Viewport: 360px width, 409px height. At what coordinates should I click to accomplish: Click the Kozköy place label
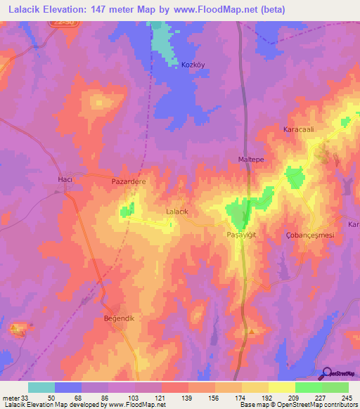point(192,65)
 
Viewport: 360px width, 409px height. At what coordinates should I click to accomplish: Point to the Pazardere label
point(129,181)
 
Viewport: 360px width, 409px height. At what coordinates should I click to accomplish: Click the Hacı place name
point(65,180)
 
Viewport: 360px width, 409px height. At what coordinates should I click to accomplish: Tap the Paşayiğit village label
point(243,234)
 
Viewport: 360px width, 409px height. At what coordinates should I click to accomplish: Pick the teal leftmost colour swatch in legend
point(41,387)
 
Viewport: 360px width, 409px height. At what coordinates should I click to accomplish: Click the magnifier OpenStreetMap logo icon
point(326,372)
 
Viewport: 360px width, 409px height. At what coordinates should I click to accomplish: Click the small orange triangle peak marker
point(252,330)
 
